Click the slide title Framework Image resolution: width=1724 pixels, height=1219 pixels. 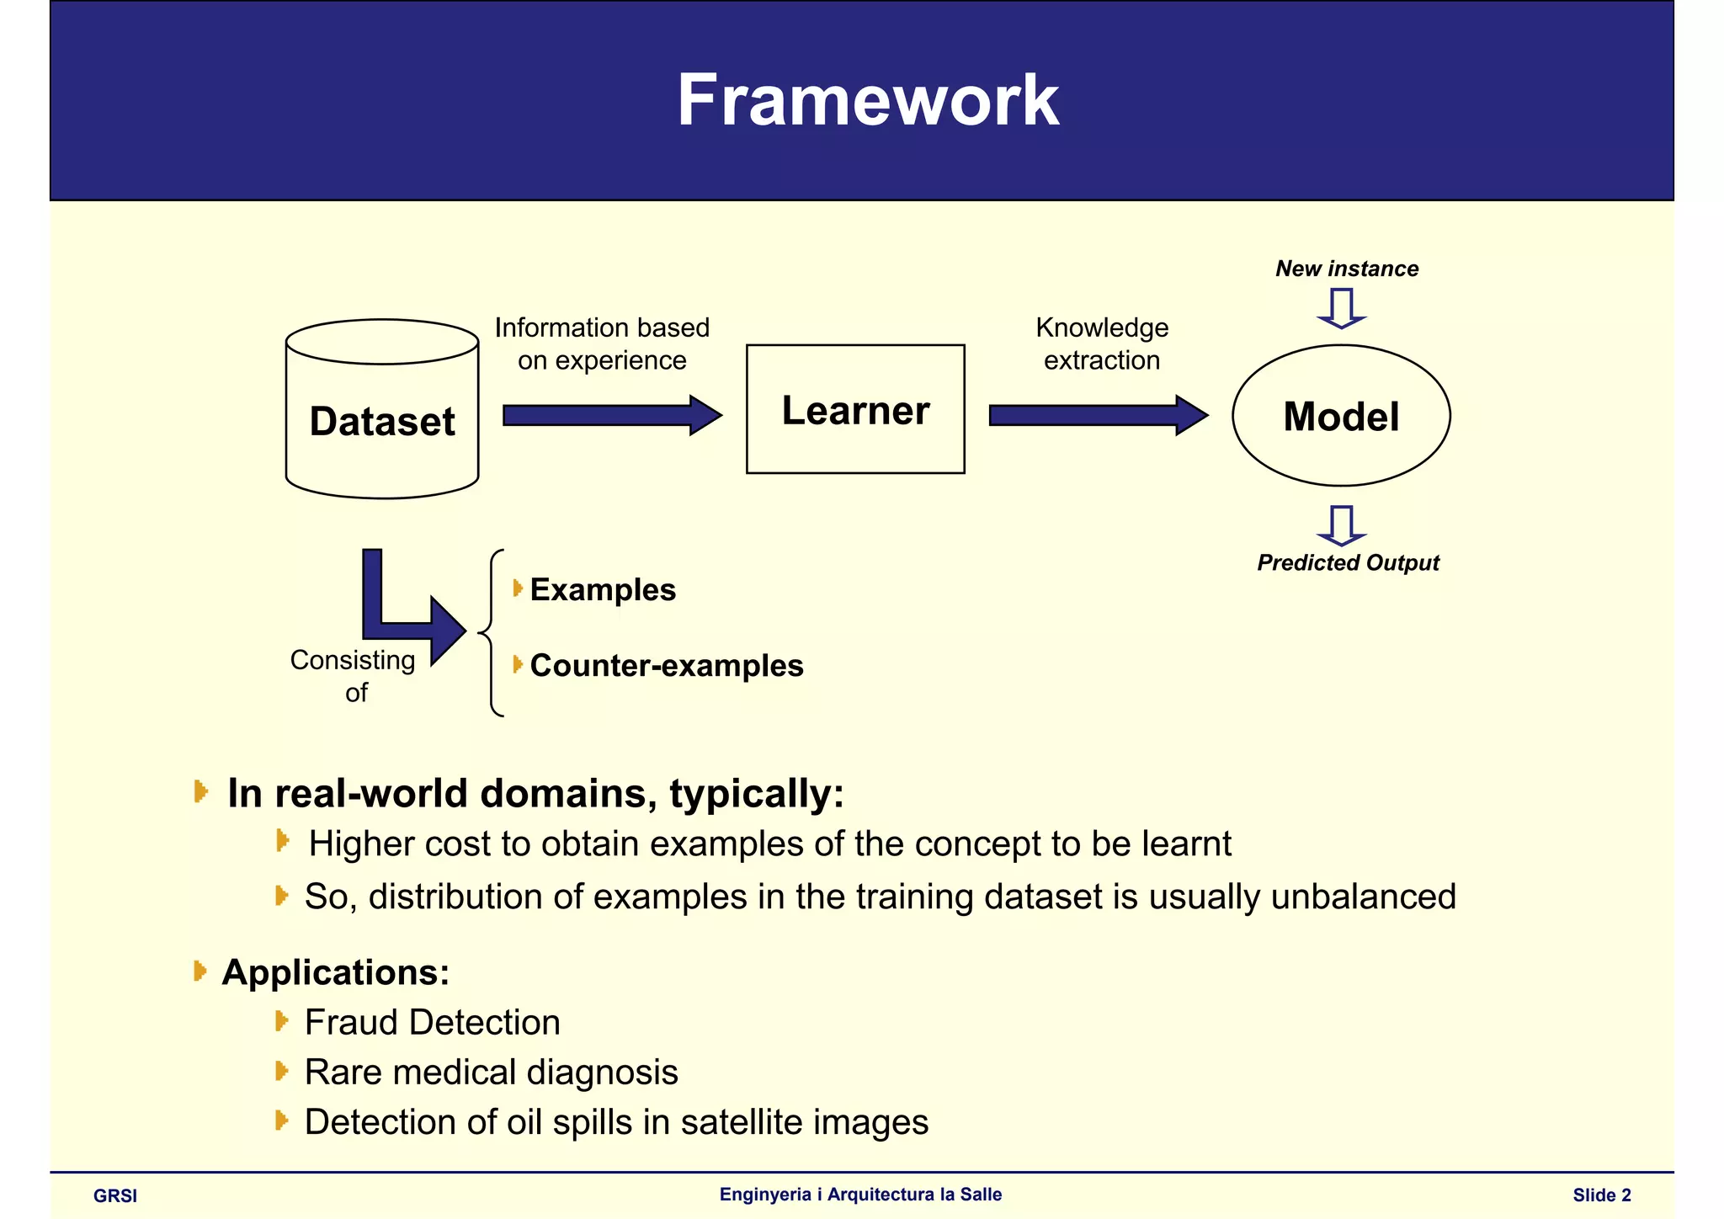[868, 100]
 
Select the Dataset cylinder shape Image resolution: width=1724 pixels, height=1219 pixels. [382, 421]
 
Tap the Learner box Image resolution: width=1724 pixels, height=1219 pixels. [855, 410]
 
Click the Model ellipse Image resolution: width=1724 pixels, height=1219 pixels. [1341, 416]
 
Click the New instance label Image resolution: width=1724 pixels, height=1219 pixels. [1347, 269]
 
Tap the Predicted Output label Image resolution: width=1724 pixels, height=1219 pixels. [1348, 562]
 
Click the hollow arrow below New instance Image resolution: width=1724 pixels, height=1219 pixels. [1341, 308]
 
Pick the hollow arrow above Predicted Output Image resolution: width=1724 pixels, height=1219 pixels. [1341, 525]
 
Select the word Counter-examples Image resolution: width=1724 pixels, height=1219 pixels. [667, 666]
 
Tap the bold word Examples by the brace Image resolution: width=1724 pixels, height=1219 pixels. [603, 590]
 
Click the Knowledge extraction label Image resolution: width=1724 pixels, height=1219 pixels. [1102, 343]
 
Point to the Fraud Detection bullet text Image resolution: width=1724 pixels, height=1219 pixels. [432, 1022]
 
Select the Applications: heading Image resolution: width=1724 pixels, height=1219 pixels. [336, 972]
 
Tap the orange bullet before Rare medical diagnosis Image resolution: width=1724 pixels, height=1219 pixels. [282, 1071]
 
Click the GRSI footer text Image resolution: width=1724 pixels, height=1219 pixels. [115, 1195]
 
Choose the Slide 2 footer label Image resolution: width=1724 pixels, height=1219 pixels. [1601, 1195]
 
